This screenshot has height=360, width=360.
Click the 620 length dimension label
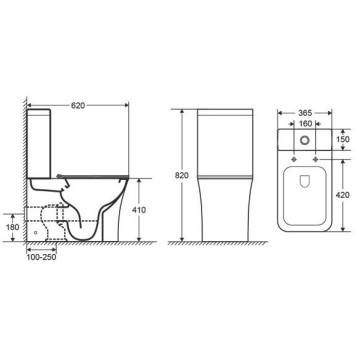(x=78, y=105)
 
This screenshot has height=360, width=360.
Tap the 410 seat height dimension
(x=139, y=210)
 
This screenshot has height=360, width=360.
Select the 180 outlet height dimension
(x=13, y=227)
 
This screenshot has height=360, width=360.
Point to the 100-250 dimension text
(x=41, y=257)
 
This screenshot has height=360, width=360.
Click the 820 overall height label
(x=182, y=176)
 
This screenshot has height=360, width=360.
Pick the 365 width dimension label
(x=305, y=113)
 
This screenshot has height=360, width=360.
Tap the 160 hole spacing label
(x=305, y=124)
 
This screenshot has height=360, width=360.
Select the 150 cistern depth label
(x=343, y=139)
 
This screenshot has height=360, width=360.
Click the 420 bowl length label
(x=343, y=195)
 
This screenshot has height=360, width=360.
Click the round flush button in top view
(x=304, y=140)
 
